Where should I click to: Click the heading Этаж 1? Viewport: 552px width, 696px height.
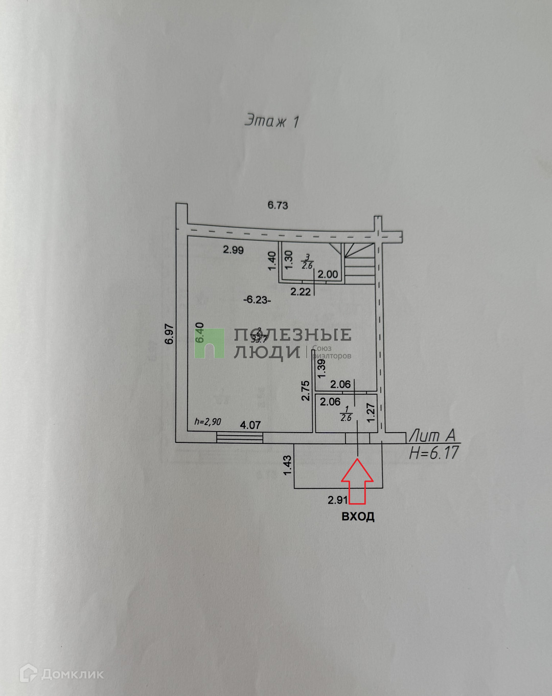pos(271,121)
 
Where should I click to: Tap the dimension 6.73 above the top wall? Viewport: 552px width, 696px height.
pos(278,205)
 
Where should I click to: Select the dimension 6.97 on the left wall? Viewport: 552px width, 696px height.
pos(170,334)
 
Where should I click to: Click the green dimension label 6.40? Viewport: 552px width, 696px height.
pos(200,333)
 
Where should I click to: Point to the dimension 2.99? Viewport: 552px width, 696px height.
pos(233,250)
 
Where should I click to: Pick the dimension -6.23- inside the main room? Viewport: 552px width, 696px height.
pos(257,300)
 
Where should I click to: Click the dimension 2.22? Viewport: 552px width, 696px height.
pos(301,291)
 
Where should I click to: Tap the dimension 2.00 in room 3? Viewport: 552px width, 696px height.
pos(328,274)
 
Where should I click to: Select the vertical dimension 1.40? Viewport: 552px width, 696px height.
pos(272,260)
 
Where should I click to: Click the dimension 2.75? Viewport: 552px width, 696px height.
pos(306,391)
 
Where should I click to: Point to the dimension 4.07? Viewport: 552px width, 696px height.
pos(250,425)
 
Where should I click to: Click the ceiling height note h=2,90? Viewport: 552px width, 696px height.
pos(208,422)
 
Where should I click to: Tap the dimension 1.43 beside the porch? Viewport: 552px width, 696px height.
pos(287,465)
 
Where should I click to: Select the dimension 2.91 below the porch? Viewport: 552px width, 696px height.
pos(338,500)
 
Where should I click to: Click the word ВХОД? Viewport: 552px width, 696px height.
pos(358,517)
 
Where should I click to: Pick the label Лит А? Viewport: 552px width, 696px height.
pos(432,436)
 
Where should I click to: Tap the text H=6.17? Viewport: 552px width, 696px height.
pos(434,453)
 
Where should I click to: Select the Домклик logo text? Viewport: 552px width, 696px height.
pos(72,674)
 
